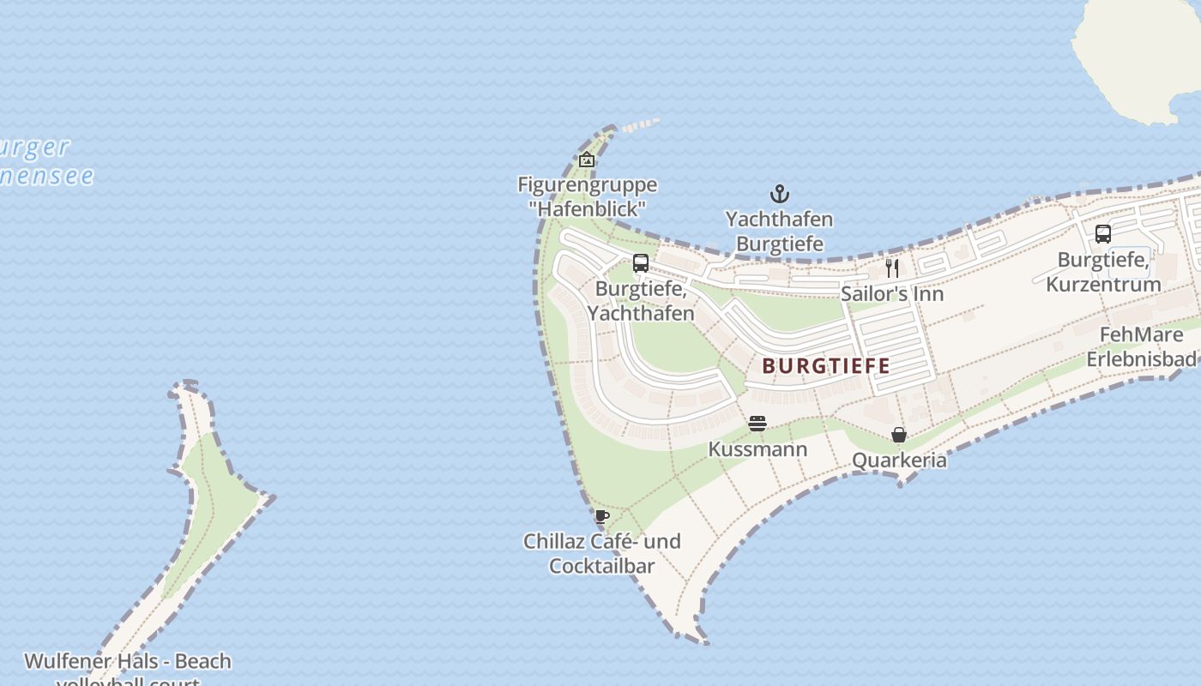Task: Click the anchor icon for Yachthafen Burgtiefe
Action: tap(779, 194)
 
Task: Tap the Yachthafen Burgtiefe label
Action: tap(779, 232)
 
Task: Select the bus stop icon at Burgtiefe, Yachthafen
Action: tap(641, 263)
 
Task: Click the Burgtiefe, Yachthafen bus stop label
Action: tap(641, 301)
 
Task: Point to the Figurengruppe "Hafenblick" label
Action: tap(587, 196)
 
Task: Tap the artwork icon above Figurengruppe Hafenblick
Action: tap(587, 159)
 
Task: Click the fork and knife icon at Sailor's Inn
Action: tap(892, 268)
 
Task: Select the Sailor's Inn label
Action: tap(892, 294)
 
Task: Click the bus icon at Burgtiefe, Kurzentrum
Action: tap(1103, 233)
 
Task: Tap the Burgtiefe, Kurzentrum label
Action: tap(1103, 272)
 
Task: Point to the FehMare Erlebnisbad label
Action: tap(1141, 346)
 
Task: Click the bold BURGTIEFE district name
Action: tap(826, 366)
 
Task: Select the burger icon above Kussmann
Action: tap(757, 424)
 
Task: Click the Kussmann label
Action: tap(757, 449)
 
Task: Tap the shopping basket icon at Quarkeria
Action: tap(899, 435)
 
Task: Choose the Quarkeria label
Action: tap(899, 460)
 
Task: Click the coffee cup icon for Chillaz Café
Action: tap(601, 516)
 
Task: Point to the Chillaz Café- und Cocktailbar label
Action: tap(601, 553)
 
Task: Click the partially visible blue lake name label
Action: tap(43, 161)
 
